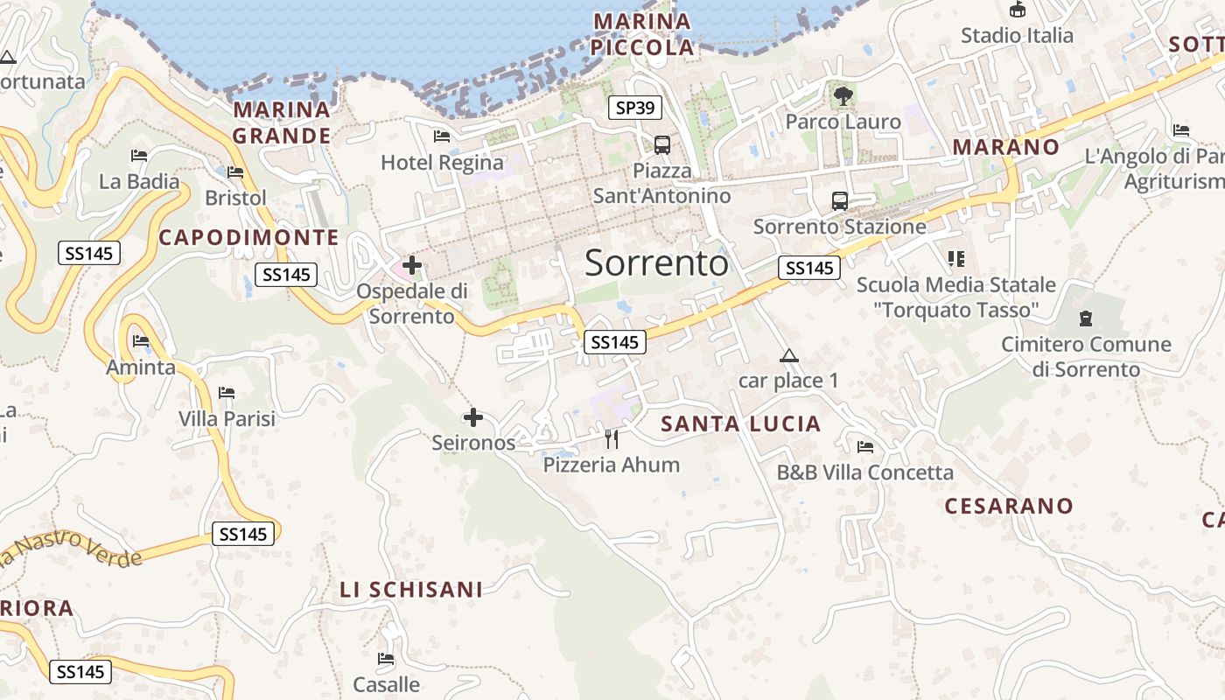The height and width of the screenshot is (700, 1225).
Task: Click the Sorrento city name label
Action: (656, 262)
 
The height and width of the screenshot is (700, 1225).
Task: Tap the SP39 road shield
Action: (635, 108)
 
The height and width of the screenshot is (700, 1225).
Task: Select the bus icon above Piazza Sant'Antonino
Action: (662, 145)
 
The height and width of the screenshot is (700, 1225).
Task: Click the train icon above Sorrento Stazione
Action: (840, 201)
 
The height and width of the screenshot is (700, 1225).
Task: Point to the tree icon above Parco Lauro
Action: (843, 96)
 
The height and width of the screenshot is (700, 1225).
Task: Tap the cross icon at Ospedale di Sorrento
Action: (411, 264)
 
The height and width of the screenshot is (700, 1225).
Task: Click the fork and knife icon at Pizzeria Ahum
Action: (612, 438)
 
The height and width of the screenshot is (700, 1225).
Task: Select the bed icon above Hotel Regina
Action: (442, 136)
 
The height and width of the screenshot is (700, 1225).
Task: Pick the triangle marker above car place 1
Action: (789, 355)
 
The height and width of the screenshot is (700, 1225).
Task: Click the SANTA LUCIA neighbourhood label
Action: (741, 424)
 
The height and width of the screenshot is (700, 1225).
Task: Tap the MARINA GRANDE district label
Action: (282, 122)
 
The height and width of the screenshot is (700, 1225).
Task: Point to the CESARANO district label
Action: (1009, 506)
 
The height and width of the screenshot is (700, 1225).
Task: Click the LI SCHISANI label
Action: (411, 590)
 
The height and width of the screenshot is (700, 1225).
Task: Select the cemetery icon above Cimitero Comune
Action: (1086, 318)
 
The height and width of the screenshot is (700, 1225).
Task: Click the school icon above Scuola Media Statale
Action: (955, 259)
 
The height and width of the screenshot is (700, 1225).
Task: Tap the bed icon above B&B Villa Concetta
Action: (865, 447)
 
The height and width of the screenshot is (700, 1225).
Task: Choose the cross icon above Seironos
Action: (473, 417)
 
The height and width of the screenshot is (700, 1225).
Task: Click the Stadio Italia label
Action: (1017, 35)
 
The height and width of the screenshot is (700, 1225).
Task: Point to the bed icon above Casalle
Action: (386, 659)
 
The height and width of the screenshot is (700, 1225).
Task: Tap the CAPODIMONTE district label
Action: (248, 237)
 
